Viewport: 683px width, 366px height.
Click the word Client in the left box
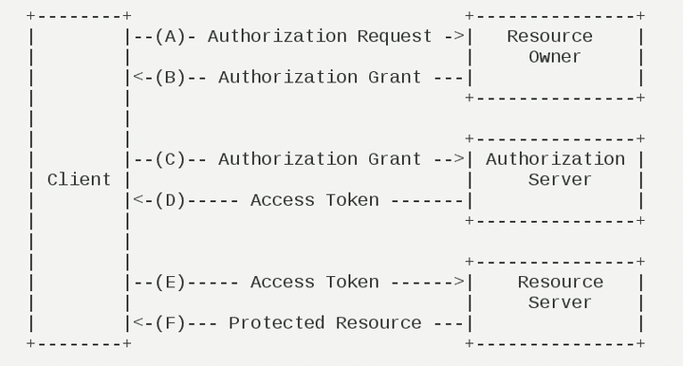(79, 180)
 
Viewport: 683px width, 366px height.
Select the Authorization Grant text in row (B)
(320, 77)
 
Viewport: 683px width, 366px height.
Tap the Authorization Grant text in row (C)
(320, 159)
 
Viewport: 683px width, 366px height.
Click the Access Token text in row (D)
(314, 200)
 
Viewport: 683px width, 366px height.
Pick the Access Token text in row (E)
(314, 282)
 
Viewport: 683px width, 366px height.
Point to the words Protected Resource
(324, 322)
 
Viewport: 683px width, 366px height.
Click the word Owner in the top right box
(555, 57)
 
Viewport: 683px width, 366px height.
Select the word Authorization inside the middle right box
(555, 159)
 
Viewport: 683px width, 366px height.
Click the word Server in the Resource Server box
(560, 302)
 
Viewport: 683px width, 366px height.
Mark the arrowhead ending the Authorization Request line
(459, 36)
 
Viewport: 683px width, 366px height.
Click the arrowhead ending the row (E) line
(459, 282)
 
